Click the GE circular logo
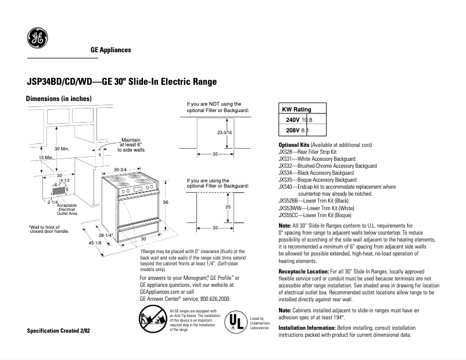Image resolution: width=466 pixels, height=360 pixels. pyautogui.click(x=38, y=39)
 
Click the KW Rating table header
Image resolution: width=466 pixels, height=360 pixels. pyautogui.click(x=296, y=109)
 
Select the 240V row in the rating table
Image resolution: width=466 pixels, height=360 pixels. pyautogui.click(x=303, y=120)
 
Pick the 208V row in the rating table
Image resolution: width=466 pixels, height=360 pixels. pyautogui.click(x=302, y=131)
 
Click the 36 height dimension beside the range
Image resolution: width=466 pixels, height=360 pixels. pyautogui.click(x=165, y=202)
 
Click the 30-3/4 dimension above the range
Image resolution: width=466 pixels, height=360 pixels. pyautogui.click(x=120, y=170)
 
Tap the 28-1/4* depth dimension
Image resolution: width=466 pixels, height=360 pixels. pyautogui.click(x=106, y=235)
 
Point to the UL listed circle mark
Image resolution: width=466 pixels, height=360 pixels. pyautogui.click(x=233, y=321)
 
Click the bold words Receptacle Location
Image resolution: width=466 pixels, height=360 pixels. pyautogui.click(x=303, y=271)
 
